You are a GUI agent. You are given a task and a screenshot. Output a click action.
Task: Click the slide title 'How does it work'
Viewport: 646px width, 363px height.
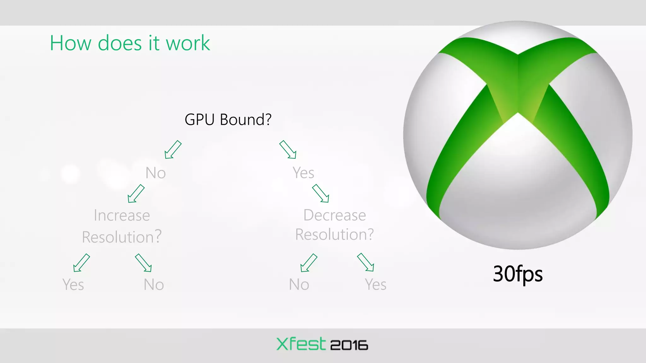(130, 43)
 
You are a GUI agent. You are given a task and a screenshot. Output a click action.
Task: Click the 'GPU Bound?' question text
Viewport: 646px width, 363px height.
(228, 119)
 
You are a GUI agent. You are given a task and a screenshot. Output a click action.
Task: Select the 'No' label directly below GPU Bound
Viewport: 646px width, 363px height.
(156, 173)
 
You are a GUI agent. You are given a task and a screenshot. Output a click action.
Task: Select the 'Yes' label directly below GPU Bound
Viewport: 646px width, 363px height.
(303, 172)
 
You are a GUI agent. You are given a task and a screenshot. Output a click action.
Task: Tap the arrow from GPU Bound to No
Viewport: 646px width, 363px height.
(173, 149)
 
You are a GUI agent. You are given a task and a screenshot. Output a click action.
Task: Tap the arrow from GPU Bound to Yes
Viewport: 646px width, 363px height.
(288, 149)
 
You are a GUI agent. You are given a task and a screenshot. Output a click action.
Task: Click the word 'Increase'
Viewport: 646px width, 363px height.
(122, 216)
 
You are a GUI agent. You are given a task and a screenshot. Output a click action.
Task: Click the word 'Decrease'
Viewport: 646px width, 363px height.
(335, 215)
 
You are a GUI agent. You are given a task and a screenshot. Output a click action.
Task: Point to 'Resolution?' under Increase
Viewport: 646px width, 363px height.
(122, 237)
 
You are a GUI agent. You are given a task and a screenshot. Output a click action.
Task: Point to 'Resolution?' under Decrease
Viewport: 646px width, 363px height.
(335, 234)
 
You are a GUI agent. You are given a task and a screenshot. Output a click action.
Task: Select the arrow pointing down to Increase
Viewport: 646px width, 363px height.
(136, 193)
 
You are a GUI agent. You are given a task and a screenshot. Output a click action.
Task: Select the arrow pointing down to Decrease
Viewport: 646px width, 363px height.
(320, 193)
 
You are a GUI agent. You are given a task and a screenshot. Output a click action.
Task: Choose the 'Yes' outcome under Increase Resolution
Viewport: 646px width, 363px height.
(73, 285)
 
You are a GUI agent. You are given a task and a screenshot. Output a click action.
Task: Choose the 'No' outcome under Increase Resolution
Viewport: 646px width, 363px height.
(154, 285)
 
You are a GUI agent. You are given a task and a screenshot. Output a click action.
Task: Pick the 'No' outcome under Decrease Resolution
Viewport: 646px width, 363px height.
(299, 285)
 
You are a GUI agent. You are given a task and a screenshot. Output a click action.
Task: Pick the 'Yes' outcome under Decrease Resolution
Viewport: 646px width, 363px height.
(375, 285)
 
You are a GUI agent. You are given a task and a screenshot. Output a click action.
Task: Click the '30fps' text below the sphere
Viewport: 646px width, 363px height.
(518, 274)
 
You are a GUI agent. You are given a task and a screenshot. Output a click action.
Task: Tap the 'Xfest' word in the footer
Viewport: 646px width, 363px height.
(301, 344)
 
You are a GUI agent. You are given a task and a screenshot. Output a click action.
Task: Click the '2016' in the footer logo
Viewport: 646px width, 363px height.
(349, 345)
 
